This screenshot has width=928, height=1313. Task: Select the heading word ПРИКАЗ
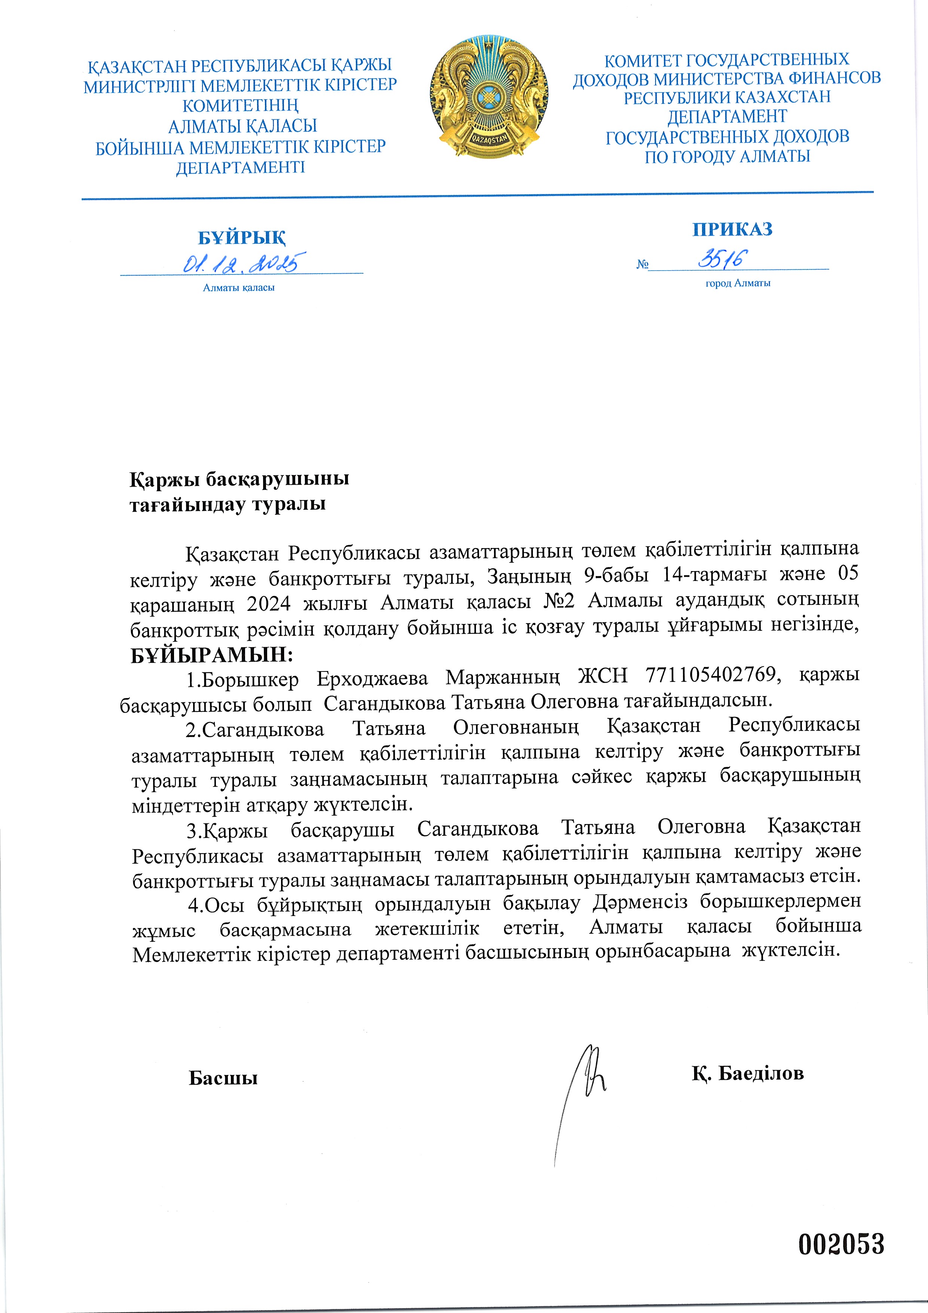click(x=732, y=229)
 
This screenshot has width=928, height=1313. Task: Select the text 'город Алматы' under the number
click(x=738, y=283)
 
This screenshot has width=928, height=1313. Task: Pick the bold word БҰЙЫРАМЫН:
click(x=211, y=654)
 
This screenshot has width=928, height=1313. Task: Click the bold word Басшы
click(x=223, y=1078)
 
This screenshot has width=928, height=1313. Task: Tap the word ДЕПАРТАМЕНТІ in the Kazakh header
click(x=240, y=168)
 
